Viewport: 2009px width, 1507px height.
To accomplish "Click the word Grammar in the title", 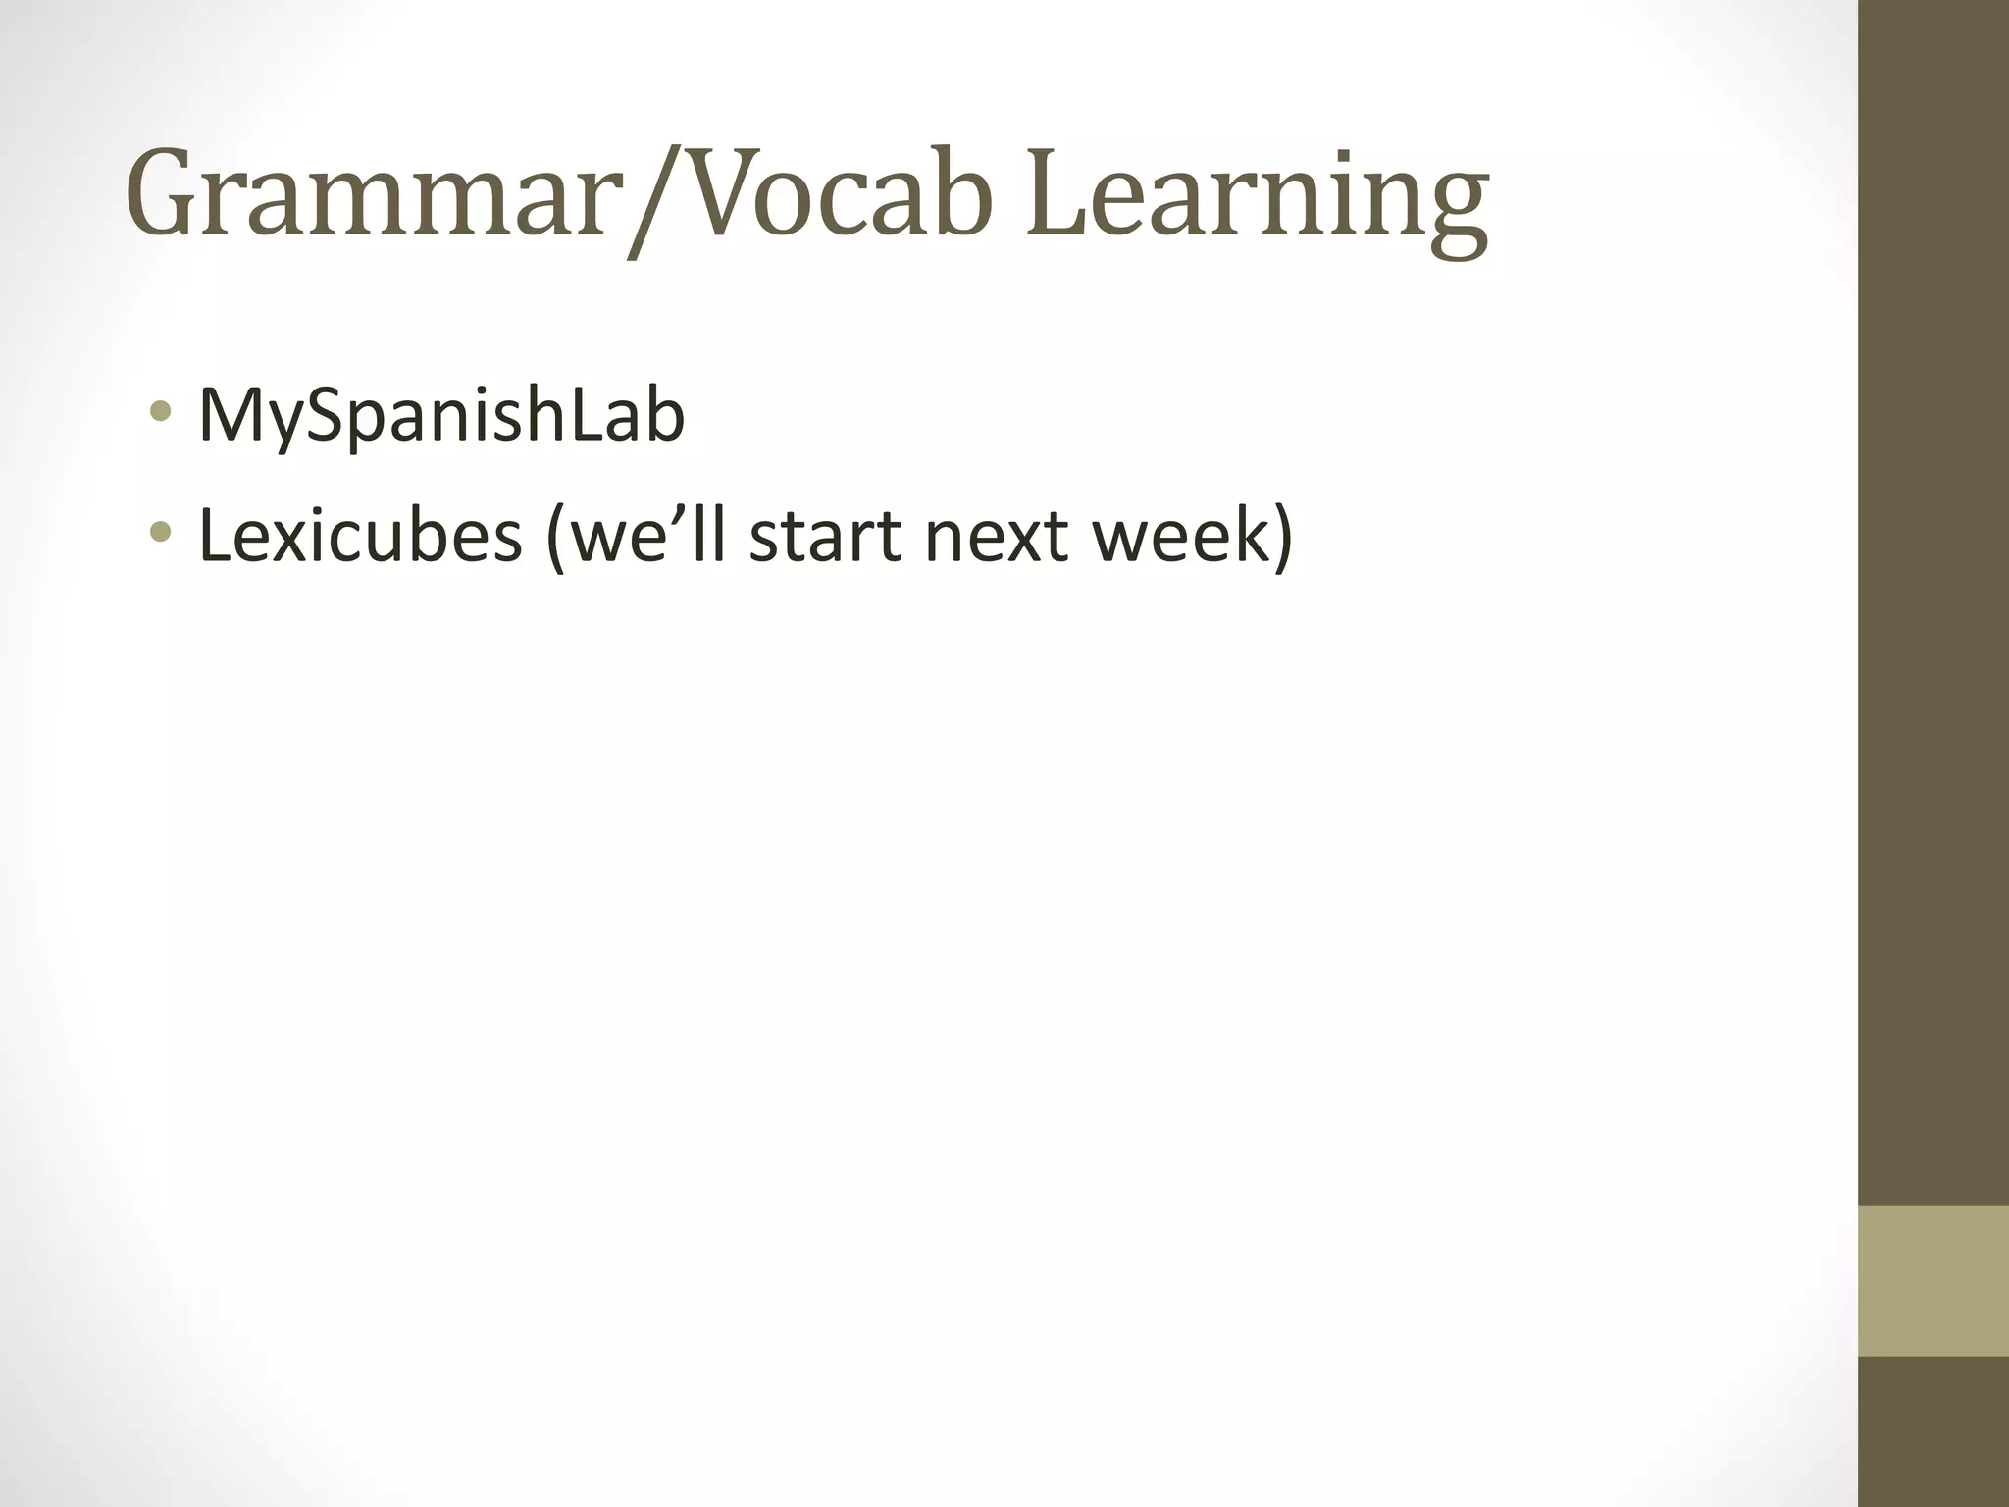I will (367, 196).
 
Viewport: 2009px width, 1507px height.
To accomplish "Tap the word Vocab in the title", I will (834, 196).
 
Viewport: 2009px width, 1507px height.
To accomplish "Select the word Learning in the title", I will (1257, 201).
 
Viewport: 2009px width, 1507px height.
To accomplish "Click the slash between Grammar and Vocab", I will (651, 201).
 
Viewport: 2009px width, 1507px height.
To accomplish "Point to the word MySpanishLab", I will (441, 418).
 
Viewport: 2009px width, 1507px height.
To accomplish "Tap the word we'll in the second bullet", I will (648, 537).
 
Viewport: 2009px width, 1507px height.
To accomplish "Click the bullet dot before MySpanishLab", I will (161, 412).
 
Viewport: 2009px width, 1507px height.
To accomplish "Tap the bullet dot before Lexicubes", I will (161, 533).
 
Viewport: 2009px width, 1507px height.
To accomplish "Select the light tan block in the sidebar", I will (1933, 1280).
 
